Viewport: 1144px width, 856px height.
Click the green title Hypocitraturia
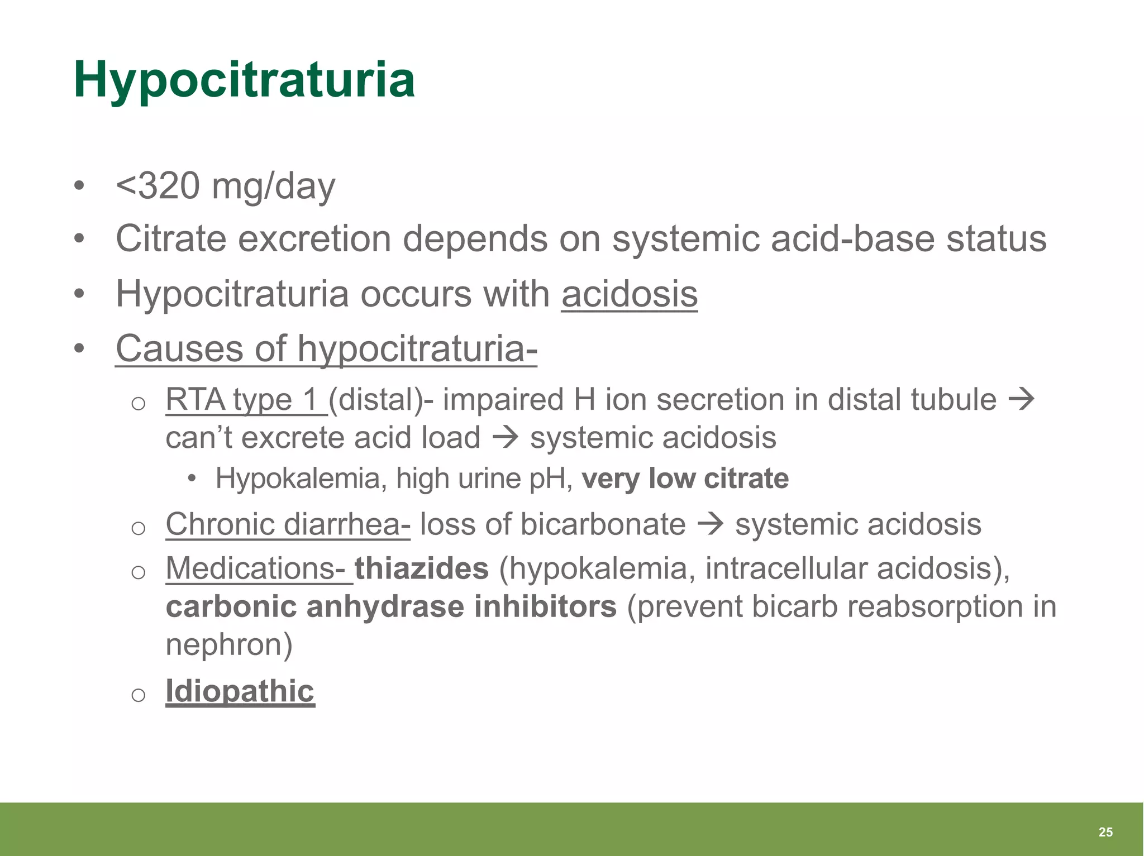point(244,80)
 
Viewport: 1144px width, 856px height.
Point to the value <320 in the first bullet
point(158,186)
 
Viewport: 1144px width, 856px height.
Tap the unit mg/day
point(273,187)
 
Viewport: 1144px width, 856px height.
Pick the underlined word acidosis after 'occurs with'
point(630,294)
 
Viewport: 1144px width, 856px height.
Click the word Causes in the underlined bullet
point(179,348)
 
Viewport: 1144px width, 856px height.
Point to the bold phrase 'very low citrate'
point(685,479)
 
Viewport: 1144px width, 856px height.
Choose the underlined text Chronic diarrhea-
point(288,524)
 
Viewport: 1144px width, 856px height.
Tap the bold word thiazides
point(422,568)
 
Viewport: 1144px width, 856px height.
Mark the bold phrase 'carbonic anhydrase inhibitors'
point(391,606)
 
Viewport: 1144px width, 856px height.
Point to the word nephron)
point(229,644)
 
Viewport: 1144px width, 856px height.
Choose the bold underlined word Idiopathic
point(240,691)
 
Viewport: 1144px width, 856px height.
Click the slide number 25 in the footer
point(1105,832)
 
